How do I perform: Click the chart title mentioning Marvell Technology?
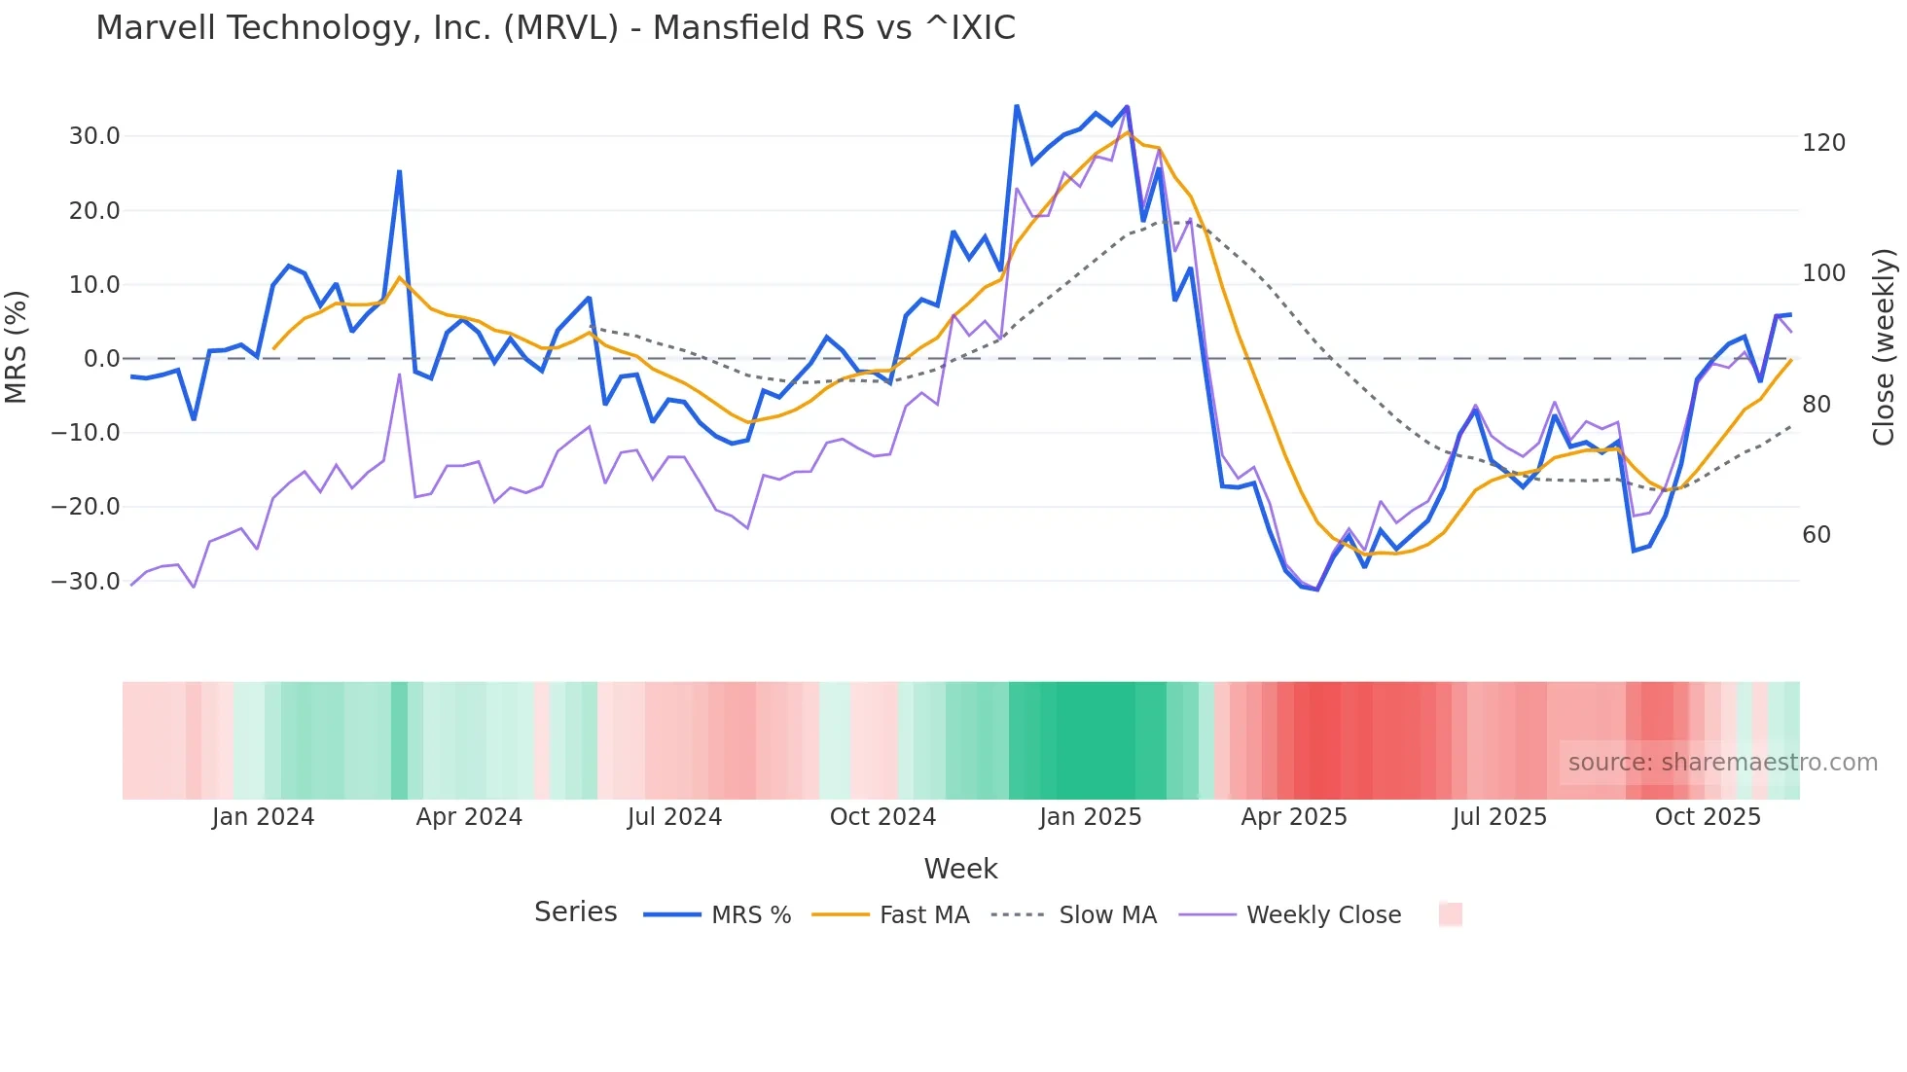[x=556, y=28]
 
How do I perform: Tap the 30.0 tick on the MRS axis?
[x=94, y=136]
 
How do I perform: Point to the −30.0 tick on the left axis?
[x=87, y=582]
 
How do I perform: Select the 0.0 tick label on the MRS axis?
[x=101, y=359]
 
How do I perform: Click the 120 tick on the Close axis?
[x=1823, y=143]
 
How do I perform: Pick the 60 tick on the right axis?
[x=1817, y=535]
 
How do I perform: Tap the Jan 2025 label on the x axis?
[x=1090, y=817]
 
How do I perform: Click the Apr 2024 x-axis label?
[x=469, y=817]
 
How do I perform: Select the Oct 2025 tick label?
[x=1708, y=817]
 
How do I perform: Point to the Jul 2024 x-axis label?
[x=674, y=817]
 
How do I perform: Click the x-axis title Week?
[x=960, y=869]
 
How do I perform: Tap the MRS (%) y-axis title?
[x=17, y=346]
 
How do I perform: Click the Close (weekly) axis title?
[x=1884, y=346]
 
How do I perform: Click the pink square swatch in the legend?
[x=1451, y=914]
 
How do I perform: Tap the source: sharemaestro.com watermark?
[x=1722, y=763]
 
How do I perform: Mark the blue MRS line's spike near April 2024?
[x=399, y=172]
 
